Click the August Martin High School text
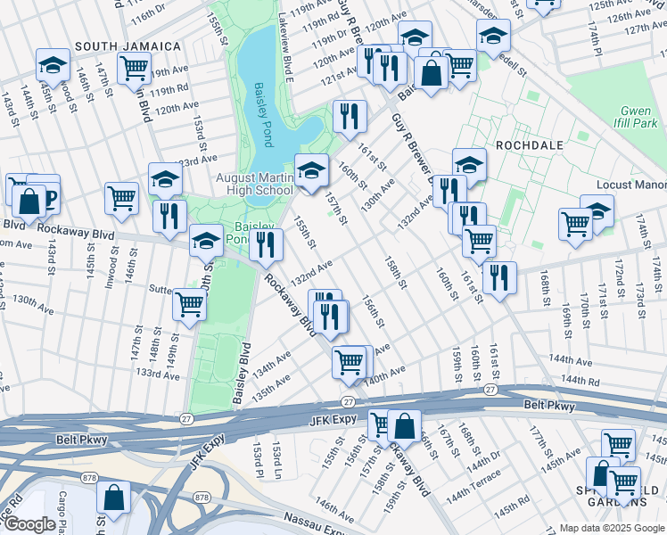254,184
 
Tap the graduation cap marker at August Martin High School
310,169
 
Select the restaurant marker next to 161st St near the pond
350,115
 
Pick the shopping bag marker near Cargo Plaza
113,497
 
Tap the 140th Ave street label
388,373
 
